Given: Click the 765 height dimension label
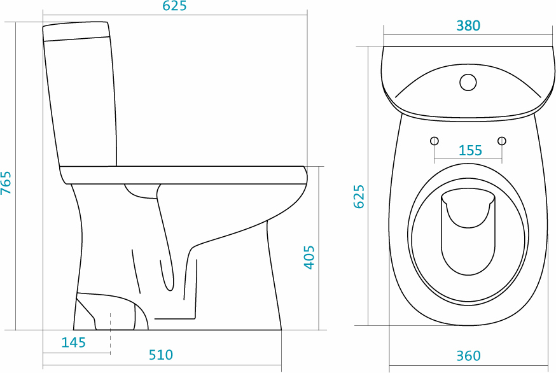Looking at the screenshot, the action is [x=6, y=183].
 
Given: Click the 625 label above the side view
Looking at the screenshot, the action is [x=174, y=6].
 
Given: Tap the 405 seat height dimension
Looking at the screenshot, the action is [x=309, y=257].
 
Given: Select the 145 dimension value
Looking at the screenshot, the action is [x=73, y=342].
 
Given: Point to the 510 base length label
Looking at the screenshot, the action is [x=161, y=355].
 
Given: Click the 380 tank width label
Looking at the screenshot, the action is [x=468, y=25].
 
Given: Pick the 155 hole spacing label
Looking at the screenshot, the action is [x=470, y=150].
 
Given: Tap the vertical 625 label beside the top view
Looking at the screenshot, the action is [x=359, y=196].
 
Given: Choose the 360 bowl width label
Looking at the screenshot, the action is [x=468, y=356].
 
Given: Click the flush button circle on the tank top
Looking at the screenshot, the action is [x=468, y=82].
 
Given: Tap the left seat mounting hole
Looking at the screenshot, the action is [x=434, y=141].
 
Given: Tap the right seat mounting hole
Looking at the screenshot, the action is [x=502, y=141].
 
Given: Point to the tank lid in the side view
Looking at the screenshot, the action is [x=75, y=31].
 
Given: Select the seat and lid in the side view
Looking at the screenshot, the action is [x=183, y=175].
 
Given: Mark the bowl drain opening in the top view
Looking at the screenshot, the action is [x=468, y=232].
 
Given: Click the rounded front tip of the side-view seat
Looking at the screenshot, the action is [x=305, y=174].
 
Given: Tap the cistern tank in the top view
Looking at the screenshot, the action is [x=468, y=83].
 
